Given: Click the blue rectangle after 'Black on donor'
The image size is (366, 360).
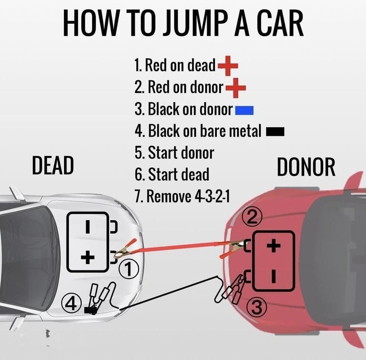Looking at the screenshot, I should coord(244,110).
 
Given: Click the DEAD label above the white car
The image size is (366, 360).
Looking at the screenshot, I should coord(53,166).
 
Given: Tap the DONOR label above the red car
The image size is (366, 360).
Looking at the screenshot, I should coord(306,167).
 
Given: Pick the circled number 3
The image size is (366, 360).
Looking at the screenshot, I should coord(257,308).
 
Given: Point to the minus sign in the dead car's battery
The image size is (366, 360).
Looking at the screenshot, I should coord(87,227).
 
